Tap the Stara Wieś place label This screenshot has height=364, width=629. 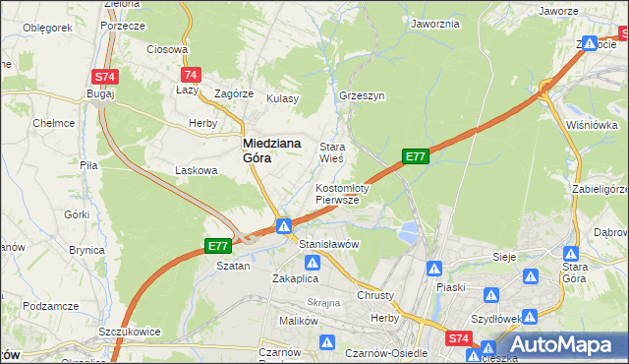[x=332, y=152]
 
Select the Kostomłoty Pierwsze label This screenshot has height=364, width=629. [x=341, y=194]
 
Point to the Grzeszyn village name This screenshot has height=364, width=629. [x=361, y=97]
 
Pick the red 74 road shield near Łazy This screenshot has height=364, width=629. [x=192, y=75]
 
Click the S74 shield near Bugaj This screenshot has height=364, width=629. [x=105, y=76]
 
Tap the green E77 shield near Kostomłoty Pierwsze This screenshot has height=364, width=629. [x=416, y=155]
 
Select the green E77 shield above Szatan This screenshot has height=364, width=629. [x=218, y=245]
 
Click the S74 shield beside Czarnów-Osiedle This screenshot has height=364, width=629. [x=458, y=338]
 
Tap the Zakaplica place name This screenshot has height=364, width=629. [x=292, y=278]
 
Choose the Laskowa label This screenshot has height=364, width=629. [x=196, y=170]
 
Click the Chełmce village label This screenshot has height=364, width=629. [x=54, y=123]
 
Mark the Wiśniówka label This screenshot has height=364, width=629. [x=592, y=125]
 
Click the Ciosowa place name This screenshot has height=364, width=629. [x=166, y=49]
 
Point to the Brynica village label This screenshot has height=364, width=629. [x=86, y=250]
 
